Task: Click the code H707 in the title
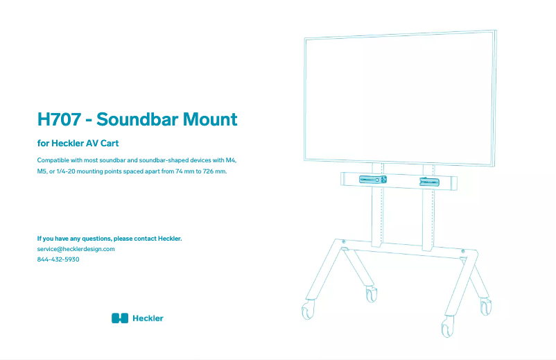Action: (x=59, y=119)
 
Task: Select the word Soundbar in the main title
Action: (x=137, y=119)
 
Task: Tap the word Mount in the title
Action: (x=210, y=119)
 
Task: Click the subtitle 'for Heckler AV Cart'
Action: (x=78, y=144)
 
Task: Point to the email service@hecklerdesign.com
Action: (x=76, y=249)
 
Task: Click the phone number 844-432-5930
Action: (x=58, y=259)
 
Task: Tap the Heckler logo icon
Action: (x=120, y=318)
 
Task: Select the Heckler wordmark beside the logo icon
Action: (x=148, y=318)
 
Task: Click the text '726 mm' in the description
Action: (x=214, y=171)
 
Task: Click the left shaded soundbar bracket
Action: (x=373, y=180)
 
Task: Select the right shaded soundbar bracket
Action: (x=429, y=182)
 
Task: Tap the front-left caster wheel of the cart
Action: (x=307, y=309)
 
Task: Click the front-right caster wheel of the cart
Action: (x=447, y=327)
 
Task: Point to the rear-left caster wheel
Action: (x=372, y=294)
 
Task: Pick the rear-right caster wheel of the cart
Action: (x=486, y=306)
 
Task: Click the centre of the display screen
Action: (x=399, y=98)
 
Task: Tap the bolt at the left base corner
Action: (x=344, y=241)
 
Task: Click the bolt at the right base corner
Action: (x=462, y=251)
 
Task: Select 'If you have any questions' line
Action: (x=110, y=239)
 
